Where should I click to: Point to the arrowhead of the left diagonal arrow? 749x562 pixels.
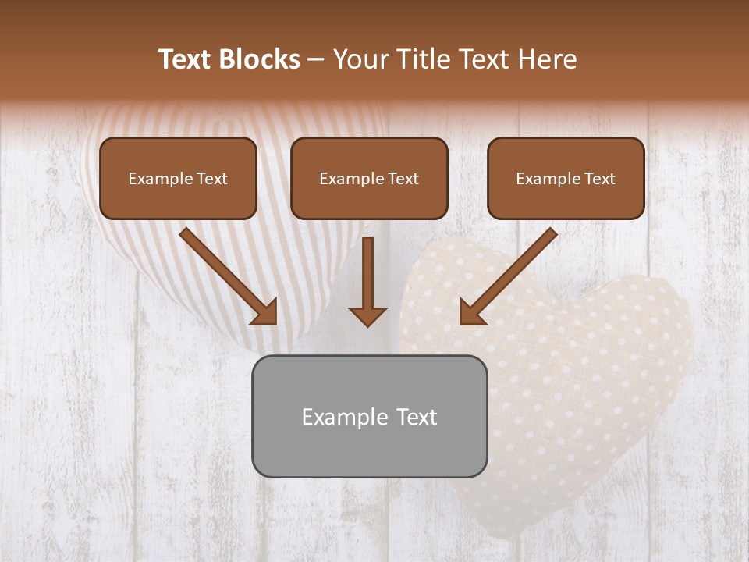[265, 312]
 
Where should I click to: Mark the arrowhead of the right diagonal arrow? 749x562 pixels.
[471, 312]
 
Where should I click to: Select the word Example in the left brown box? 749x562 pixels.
[158, 179]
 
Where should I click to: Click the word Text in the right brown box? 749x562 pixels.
[599, 179]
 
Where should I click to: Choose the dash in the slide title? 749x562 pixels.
[317, 60]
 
